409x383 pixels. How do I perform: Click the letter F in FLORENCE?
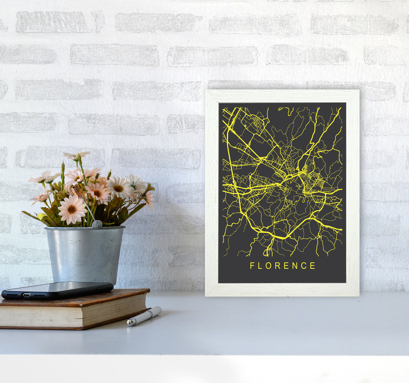tap(252, 266)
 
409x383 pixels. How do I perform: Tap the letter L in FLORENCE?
tap(260, 266)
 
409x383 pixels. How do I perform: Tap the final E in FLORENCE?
tap(313, 266)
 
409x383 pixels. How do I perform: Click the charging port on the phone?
tap(26, 295)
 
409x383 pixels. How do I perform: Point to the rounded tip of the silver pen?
tap(129, 323)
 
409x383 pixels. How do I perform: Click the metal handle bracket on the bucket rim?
tap(97, 224)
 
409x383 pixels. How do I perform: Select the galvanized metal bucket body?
tap(85, 255)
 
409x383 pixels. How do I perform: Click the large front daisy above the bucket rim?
tap(72, 209)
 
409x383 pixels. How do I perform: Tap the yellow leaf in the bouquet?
tap(41, 216)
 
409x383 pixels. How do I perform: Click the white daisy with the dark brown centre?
tap(118, 188)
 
